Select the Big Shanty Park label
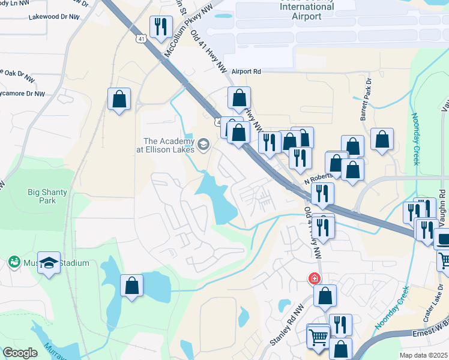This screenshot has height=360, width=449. pos(47,196)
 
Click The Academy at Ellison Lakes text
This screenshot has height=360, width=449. pos(169,145)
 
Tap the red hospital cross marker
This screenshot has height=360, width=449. pos(313,279)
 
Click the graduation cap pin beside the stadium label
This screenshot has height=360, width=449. pos(49,262)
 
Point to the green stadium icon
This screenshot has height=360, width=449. pos(13,262)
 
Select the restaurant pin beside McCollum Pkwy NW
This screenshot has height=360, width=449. pos(160,26)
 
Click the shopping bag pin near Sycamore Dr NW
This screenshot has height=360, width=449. pos(119,98)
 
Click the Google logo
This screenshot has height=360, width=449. pos(20,353)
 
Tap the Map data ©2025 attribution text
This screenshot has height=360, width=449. pos(424,355)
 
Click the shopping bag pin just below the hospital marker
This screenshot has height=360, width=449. pos(325,295)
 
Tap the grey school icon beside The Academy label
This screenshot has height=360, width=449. pos(203,143)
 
